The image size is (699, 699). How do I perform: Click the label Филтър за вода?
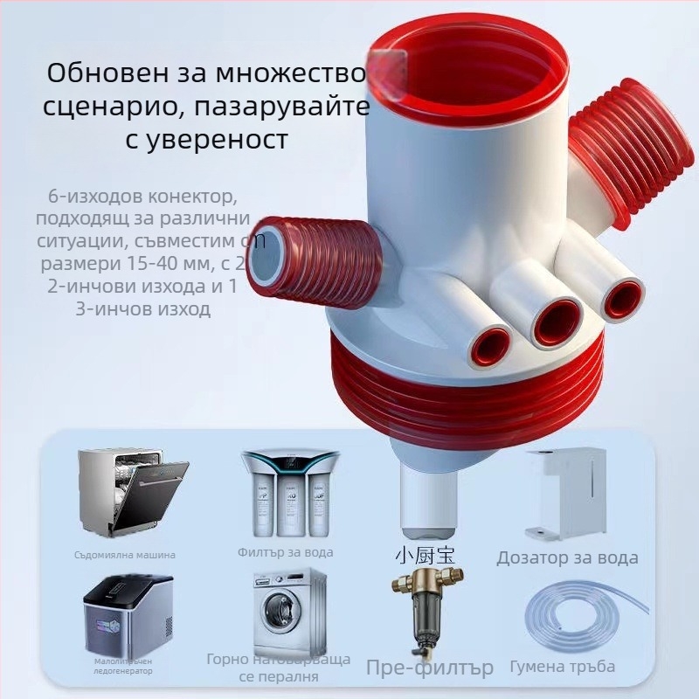(285, 552)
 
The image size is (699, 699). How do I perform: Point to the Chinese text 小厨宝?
(426, 555)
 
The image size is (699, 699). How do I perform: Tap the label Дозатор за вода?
(567, 557)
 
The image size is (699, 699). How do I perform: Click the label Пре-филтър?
(429, 668)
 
